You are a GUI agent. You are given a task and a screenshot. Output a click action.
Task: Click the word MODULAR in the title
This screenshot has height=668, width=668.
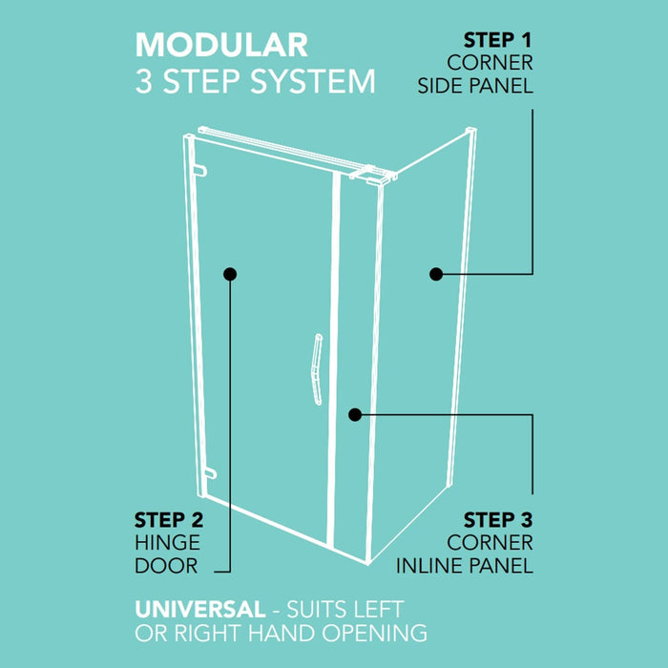tap(221, 45)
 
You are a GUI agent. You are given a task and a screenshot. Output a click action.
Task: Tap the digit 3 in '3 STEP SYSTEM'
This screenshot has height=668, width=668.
tap(143, 81)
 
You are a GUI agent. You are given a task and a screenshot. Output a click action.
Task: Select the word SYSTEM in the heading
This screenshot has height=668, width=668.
tap(312, 81)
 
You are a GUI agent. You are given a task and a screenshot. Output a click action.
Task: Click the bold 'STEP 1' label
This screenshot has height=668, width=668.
tap(497, 40)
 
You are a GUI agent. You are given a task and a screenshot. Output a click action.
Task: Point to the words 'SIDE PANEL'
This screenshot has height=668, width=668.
tap(475, 86)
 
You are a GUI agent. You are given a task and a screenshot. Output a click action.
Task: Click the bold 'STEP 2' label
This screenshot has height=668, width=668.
tap(169, 520)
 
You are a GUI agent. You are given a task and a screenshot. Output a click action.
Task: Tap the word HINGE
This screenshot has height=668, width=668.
tap(167, 543)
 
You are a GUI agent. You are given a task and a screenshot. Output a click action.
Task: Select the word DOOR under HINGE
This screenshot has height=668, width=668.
tap(166, 566)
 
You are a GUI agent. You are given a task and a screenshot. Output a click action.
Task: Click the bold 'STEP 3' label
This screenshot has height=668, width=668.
tap(498, 520)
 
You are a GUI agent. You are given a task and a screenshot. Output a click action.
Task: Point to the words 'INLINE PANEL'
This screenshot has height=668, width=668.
tap(465, 566)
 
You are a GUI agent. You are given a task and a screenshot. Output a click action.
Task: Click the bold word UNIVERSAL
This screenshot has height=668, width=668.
tap(200, 609)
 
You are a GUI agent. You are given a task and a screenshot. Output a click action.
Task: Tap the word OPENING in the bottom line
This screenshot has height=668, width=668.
tap(374, 633)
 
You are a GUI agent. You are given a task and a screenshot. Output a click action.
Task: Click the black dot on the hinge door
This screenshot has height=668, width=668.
tap(230, 274)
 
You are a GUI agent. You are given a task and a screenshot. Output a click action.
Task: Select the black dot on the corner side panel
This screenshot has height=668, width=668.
tap(436, 274)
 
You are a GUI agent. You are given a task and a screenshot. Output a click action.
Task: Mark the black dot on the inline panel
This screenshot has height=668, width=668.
tap(355, 414)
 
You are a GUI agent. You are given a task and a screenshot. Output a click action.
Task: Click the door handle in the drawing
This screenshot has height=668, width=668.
tap(317, 369)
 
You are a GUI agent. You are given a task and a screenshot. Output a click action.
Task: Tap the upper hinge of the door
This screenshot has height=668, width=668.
tap(199, 171)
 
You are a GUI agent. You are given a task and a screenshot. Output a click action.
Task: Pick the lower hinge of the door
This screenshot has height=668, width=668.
tap(210, 473)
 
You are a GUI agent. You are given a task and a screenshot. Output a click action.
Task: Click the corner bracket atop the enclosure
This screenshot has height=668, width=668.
tap(373, 175)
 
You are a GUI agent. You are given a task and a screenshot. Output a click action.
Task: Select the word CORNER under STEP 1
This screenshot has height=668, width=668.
tap(490, 63)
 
